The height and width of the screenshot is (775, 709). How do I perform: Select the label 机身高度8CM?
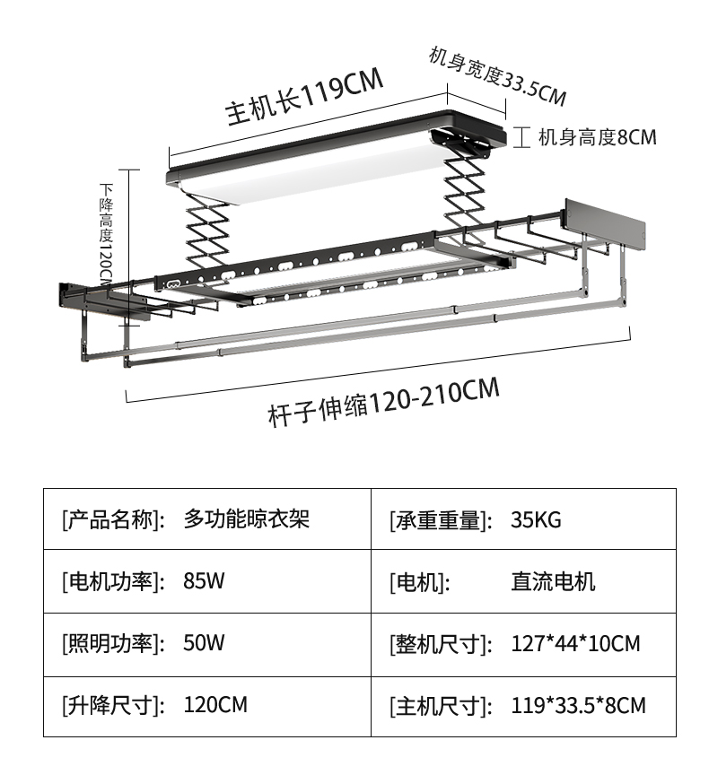tap(597, 137)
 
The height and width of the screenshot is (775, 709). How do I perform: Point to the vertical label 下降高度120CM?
tap(107, 232)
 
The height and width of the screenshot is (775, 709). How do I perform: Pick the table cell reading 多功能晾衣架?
tap(246, 518)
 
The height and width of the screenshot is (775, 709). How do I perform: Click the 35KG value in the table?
tap(536, 519)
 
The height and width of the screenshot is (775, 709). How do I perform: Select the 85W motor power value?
tap(204, 580)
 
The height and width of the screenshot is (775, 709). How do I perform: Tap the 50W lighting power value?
tap(204, 642)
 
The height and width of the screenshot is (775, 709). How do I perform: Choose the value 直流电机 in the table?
tap(553, 581)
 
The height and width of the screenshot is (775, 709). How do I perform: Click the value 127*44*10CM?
tap(575, 643)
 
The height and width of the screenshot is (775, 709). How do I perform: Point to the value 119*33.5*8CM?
tap(578, 705)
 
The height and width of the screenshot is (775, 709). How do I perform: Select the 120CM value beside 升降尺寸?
tap(214, 705)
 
